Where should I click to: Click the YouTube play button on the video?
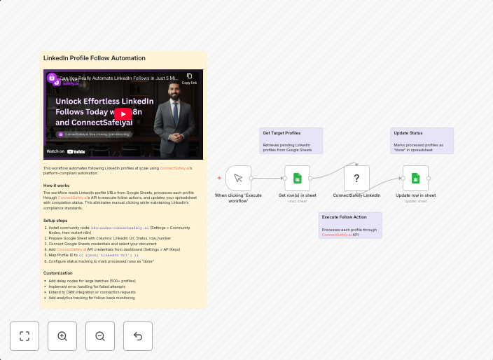(x=123, y=114)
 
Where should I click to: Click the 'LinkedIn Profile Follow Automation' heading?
(x=95, y=58)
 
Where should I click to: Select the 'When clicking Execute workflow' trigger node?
(x=238, y=178)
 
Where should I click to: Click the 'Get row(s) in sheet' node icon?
(x=297, y=178)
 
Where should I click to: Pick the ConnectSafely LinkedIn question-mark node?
(x=356, y=178)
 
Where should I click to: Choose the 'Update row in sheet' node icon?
(x=415, y=178)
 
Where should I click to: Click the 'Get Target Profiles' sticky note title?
(x=282, y=132)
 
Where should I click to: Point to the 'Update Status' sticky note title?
(x=408, y=132)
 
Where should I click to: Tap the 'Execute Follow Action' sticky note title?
(x=344, y=217)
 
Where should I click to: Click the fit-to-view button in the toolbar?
(x=25, y=336)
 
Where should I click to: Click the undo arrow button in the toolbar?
(x=138, y=336)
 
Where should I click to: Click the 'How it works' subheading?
(x=56, y=186)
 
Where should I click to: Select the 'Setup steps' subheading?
(x=56, y=221)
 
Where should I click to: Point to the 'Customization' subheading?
(x=57, y=273)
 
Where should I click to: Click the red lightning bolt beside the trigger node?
(x=219, y=178)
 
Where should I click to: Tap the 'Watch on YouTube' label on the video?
(x=66, y=151)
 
